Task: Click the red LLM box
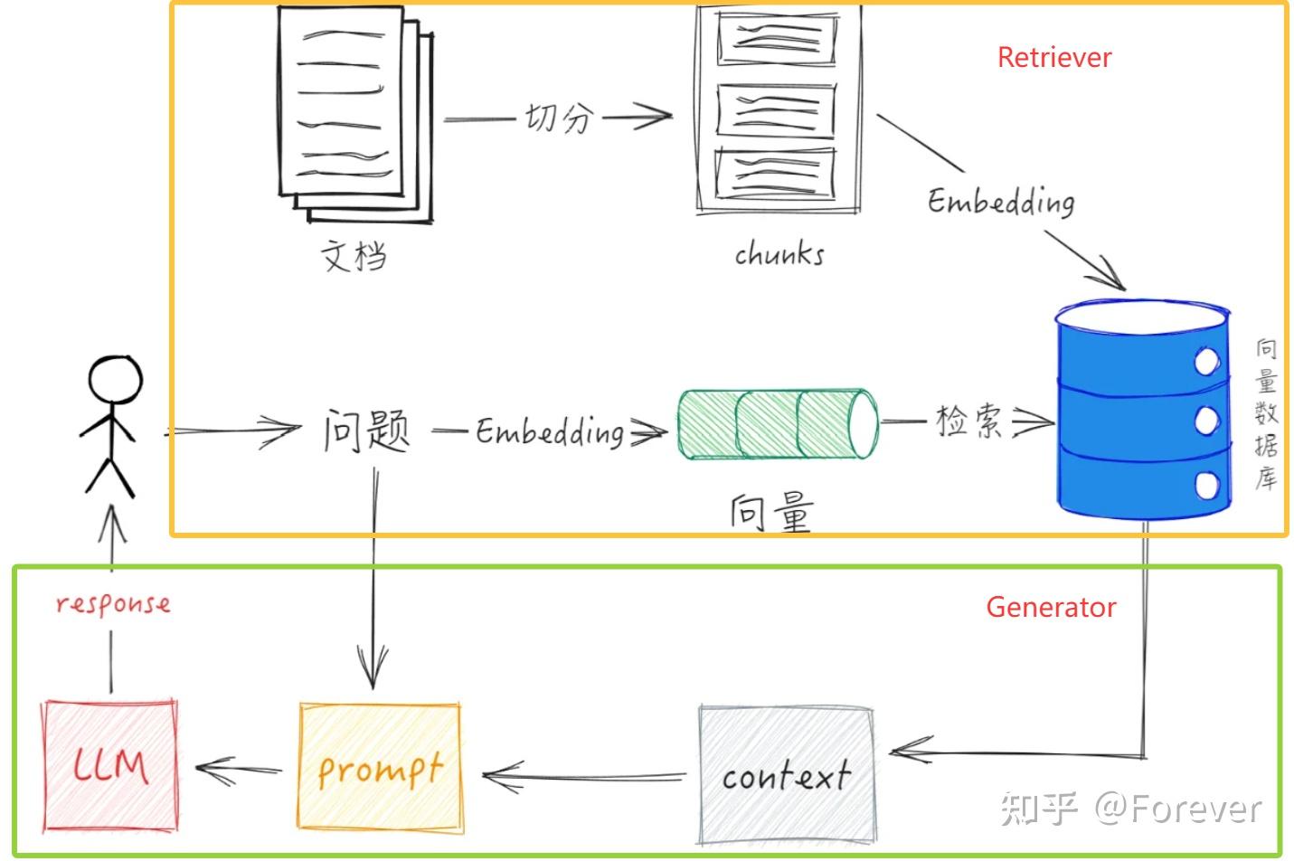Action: [109, 765]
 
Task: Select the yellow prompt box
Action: [379, 766]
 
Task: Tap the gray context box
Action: [786, 774]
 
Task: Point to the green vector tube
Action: [777, 424]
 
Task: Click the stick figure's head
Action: [115, 380]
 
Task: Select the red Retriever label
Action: [1053, 58]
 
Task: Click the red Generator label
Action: [1050, 607]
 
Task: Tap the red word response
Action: [112, 603]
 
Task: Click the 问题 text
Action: [366, 430]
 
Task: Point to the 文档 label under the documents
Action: [354, 256]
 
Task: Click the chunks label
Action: [779, 254]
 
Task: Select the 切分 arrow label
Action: [560, 118]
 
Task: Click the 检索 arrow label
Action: [968, 421]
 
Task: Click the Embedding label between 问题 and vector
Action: [550, 431]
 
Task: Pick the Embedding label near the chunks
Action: [1001, 201]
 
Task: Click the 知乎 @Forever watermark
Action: [1130, 808]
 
